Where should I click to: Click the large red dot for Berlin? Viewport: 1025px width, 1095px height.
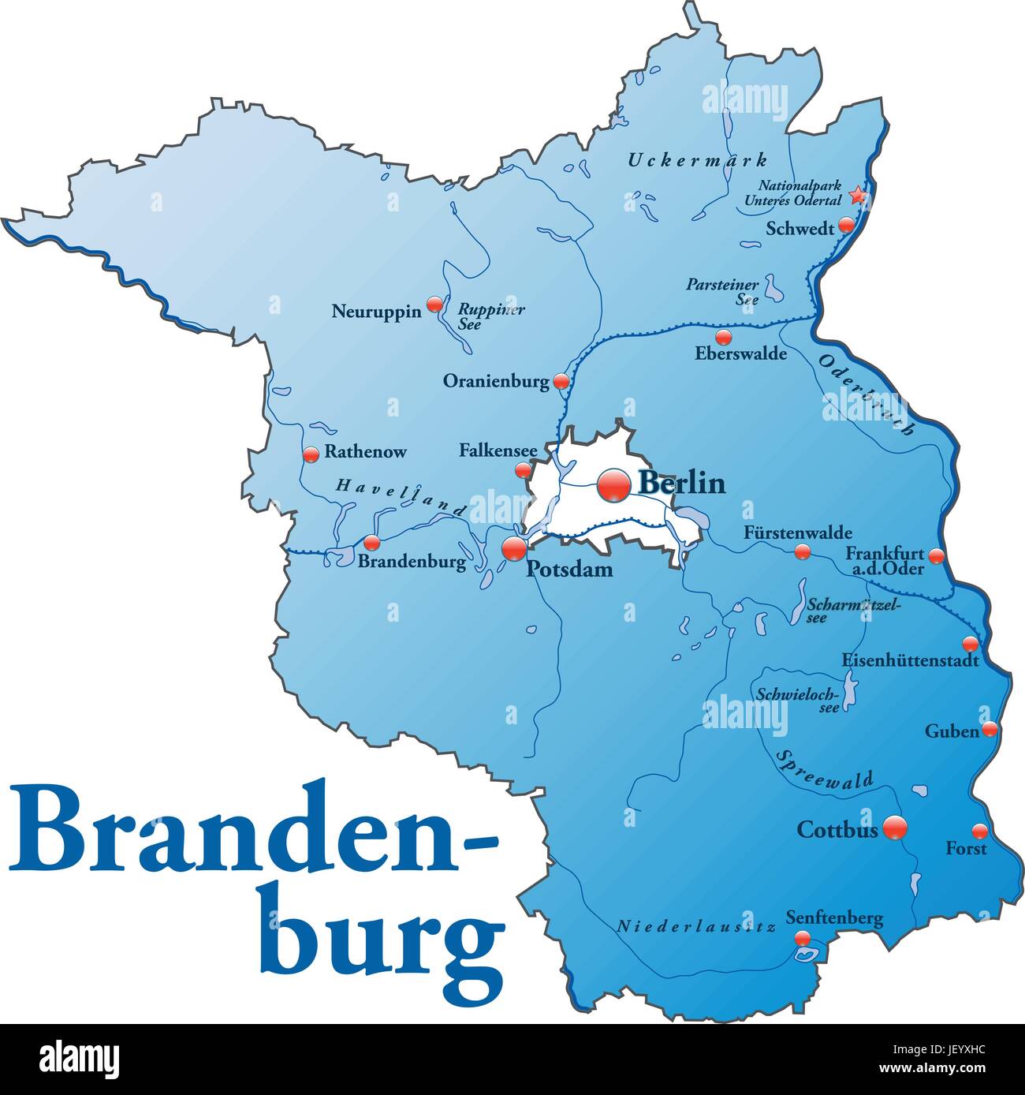(x=613, y=485)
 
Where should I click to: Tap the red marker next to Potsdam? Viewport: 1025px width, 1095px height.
(x=513, y=547)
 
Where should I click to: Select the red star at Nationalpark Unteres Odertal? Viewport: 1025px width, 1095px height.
(x=857, y=194)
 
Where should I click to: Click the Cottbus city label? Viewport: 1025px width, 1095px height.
(x=837, y=829)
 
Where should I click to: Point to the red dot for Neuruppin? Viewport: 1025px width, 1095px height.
(x=434, y=304)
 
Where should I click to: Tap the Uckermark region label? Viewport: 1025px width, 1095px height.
(x=697, y=160)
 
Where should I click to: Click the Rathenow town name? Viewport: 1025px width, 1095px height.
(x=366, y=452)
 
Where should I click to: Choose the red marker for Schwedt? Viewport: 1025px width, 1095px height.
(x=846, y=225)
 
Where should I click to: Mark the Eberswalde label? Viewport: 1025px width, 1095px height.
(x=740, y=353)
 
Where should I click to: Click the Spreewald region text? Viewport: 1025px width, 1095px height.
(x=825, y=771)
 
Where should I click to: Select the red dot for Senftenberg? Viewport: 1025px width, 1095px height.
(x=802, y=938)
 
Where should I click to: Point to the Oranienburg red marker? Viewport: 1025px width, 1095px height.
(x=561, y=382)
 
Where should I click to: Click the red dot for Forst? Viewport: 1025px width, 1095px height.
(x=979, y=831)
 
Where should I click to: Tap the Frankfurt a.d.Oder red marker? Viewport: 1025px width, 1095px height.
(x=936, y=556)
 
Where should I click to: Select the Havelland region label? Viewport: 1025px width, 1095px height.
(x=401, y=498)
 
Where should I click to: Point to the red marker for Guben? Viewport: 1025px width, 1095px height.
(x=990, y=730)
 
